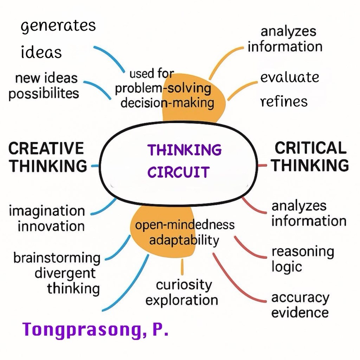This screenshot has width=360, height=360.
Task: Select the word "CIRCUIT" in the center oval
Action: [x=178, y=172]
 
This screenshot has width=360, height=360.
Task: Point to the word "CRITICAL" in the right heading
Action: [x=310, y=148]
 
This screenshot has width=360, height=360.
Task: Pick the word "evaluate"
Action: [x=290, y=77]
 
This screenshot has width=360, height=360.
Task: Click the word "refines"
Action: [x=284, y=101]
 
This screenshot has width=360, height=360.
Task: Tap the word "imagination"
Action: [x=47, y=211]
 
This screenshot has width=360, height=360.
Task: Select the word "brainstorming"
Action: [x=57, y=258]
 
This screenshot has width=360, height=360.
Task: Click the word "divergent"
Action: [x=65, y=274]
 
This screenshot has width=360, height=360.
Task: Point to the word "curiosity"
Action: [x=184, y=285]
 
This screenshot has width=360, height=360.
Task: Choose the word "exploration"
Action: [x=182, y=300]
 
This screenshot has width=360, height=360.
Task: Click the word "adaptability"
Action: [x=184, y=240]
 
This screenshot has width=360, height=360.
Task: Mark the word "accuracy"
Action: [x=300, y=298]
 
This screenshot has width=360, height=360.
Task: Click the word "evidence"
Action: [x=300, y=313]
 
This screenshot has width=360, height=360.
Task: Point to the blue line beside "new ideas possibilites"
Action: [x=97, y=89]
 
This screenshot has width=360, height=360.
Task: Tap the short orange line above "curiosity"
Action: [x=182, y=267]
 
